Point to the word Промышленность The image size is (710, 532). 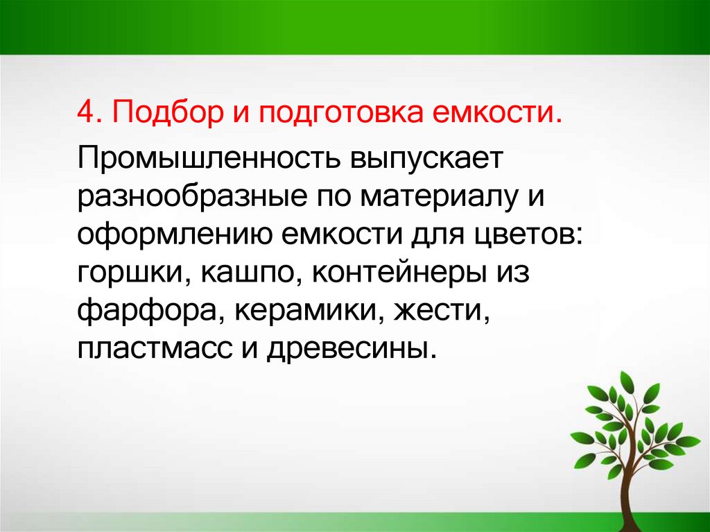tap(209, 159)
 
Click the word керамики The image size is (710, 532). tap(309, 311)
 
